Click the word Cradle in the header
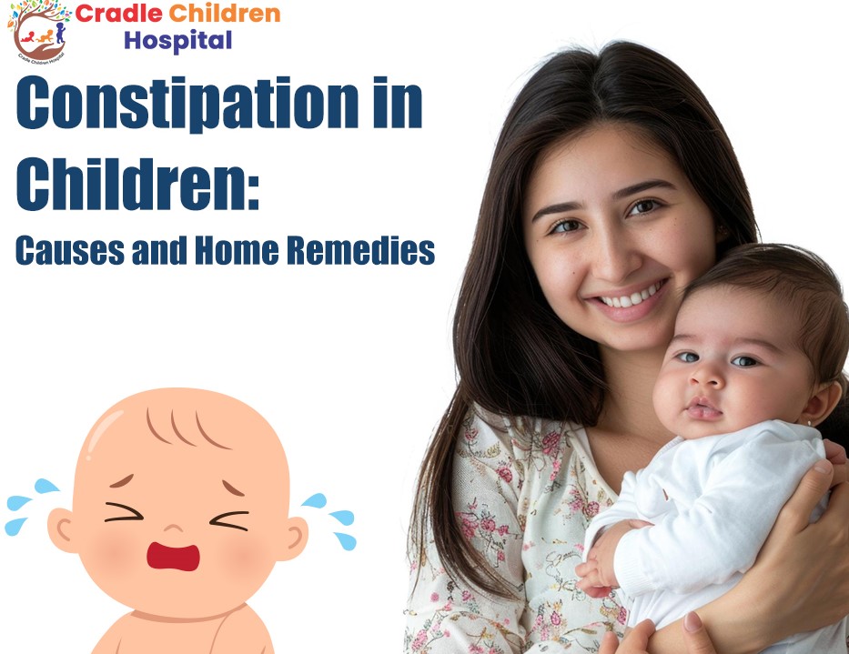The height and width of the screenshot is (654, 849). click(119, 14)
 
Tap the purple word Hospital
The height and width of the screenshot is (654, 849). click(178, 41)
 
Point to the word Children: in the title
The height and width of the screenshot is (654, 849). click(138, 183)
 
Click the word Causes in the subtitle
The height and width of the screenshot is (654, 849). click(70, 250)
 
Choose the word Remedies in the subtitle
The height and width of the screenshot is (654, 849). click(360, 250)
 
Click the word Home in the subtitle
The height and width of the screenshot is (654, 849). click(237, 250)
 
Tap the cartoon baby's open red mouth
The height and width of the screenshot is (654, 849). click(173, 557)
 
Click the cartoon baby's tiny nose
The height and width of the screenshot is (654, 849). click(173, 528)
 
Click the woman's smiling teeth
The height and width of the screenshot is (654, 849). click(632, 296)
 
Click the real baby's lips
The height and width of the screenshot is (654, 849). click(702, 409)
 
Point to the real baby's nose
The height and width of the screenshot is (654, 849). click(704, 375)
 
